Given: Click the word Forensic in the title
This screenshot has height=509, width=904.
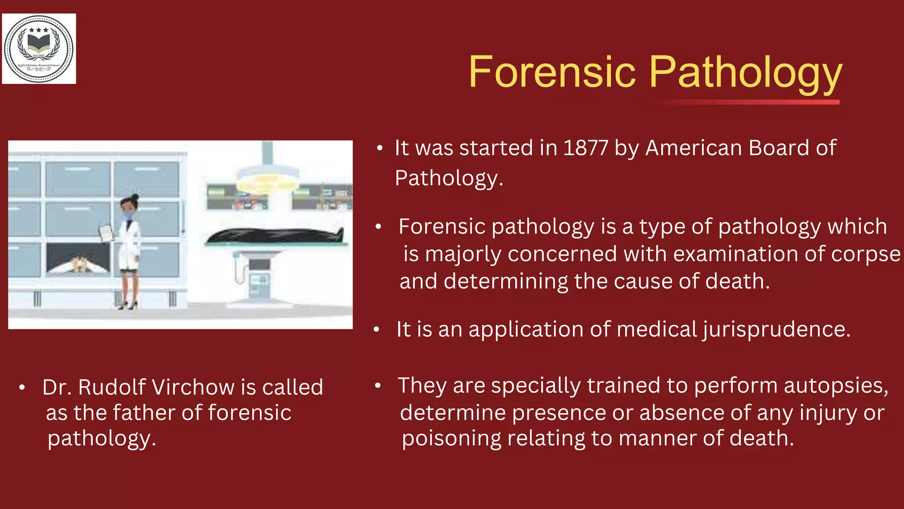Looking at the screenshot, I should click(552, 72).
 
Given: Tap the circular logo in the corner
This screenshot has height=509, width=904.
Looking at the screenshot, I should click(39, 49).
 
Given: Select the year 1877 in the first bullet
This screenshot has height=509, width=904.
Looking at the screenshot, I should click(585, 148).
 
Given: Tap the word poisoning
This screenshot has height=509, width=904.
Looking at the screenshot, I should click(451, 439).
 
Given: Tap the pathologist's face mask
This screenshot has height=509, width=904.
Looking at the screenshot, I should click(128, 215).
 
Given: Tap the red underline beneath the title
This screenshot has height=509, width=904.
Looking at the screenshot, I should click(746, 103).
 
